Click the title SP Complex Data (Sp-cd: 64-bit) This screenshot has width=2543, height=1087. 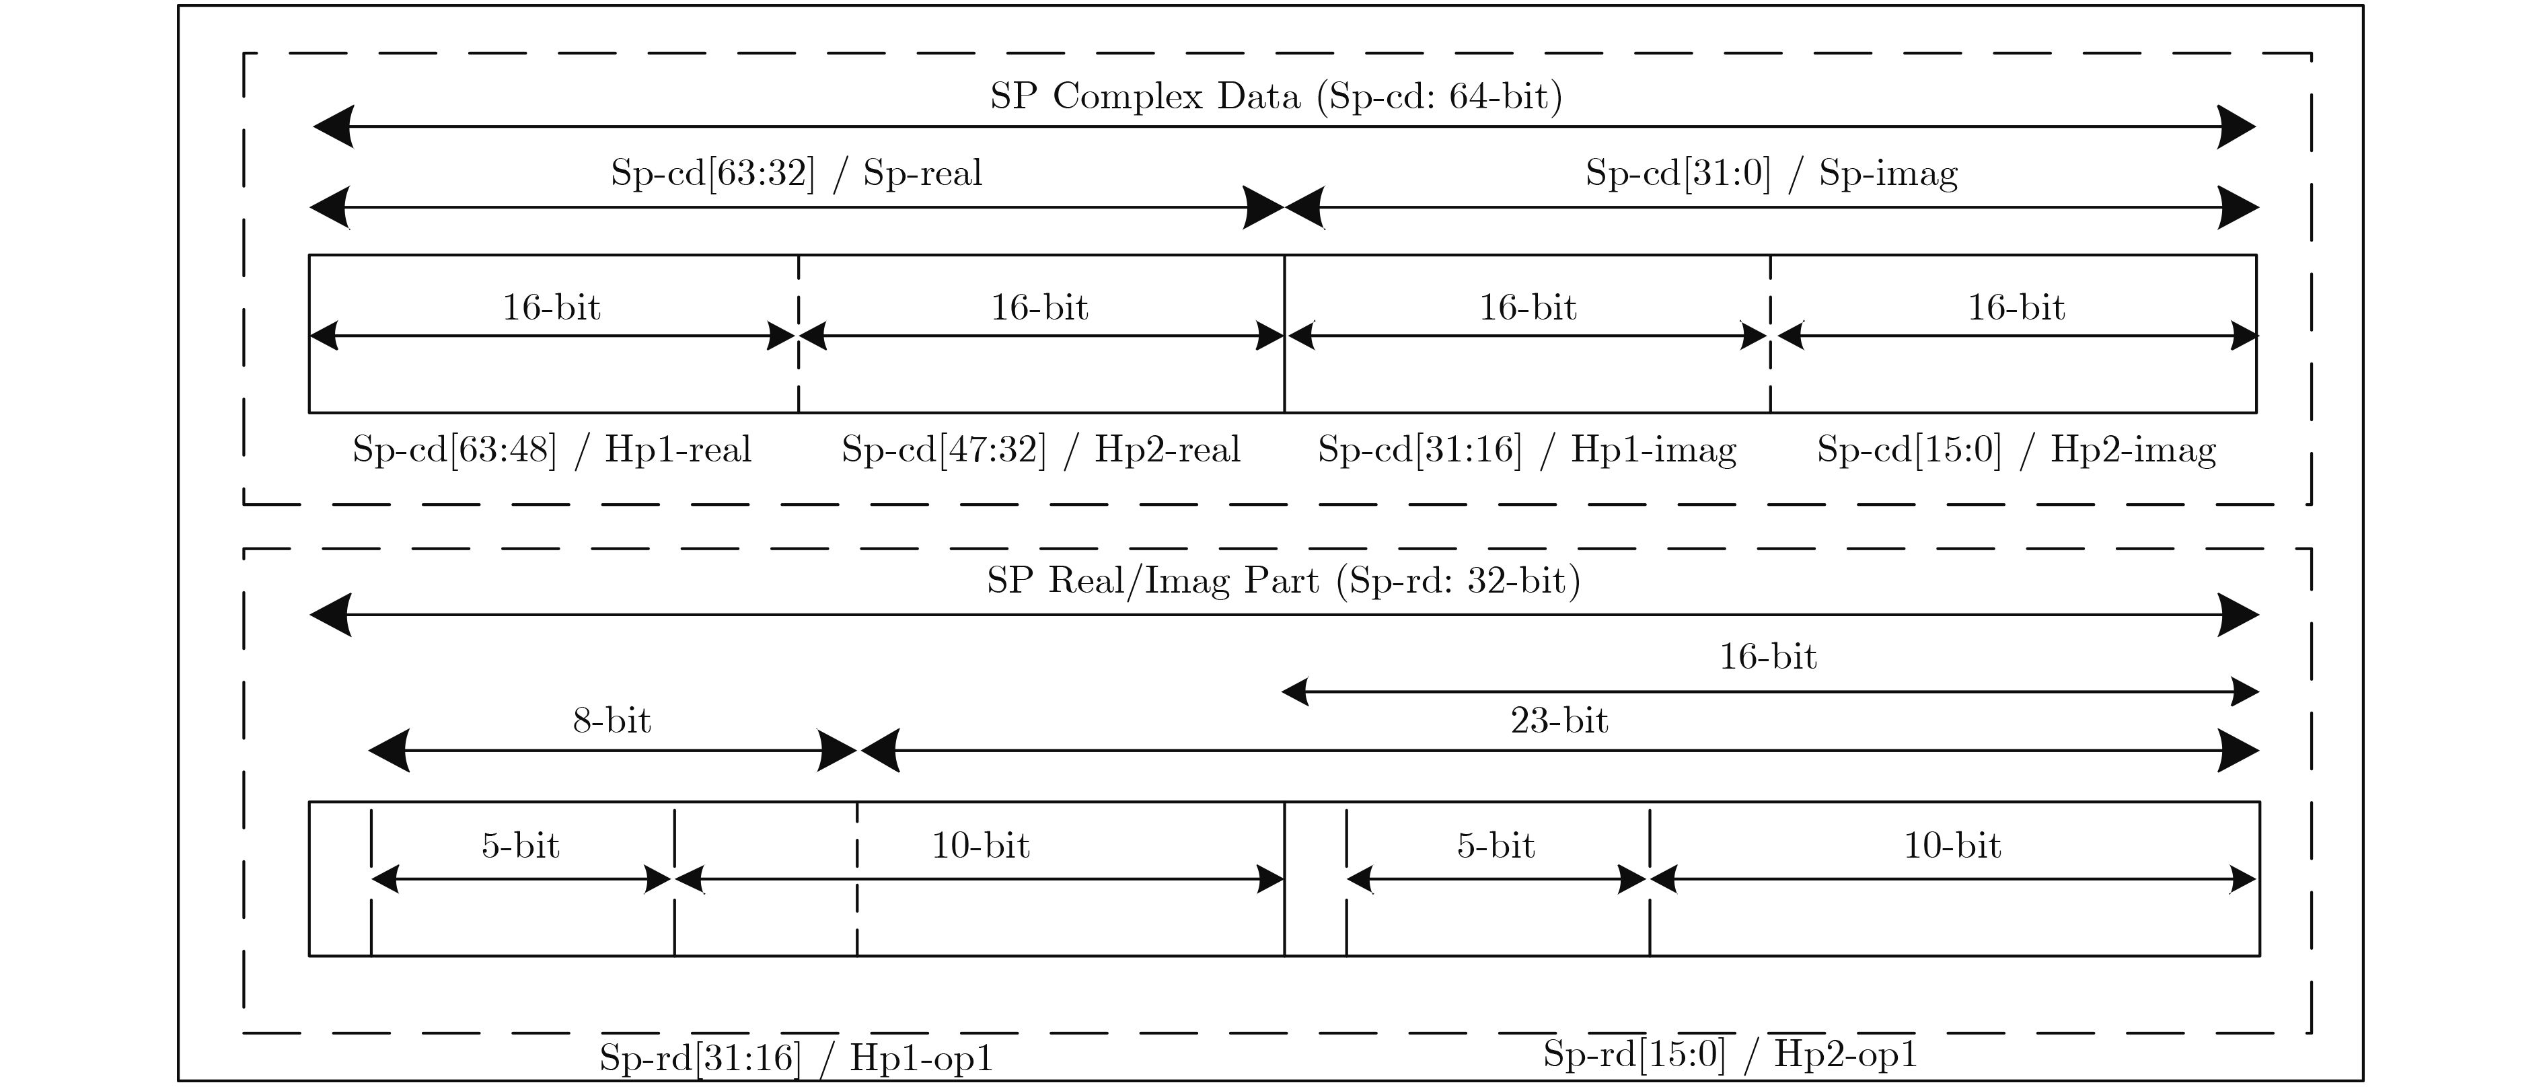coord(1276,96)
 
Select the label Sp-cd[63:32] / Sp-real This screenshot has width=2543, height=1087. coord(797,173)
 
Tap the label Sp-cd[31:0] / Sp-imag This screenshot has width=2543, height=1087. coord(1771,173)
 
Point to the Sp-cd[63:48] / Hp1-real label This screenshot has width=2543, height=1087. coord(552,449)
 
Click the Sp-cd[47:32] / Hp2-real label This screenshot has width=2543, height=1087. coord(1041,449)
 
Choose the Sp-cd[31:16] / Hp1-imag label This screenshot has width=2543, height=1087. coord(1527,449)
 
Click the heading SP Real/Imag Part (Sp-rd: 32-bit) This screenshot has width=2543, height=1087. coord(1284,580)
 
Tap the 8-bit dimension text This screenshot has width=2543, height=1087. coord(612,720)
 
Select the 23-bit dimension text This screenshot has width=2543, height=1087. coord(1559,720)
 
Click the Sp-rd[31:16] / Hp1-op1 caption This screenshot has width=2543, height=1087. coord(796,1057)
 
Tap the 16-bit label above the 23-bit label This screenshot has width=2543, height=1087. coord(1768,657)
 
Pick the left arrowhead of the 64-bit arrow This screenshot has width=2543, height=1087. coord(334,126)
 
